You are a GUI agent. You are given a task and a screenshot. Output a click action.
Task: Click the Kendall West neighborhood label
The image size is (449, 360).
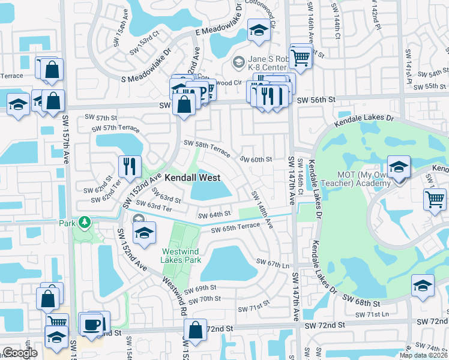click(x=192, y=178)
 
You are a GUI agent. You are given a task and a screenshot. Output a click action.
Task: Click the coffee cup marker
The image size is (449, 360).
click(x=91, y=325)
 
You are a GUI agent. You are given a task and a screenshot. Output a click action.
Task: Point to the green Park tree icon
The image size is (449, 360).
click(x=85, y=223)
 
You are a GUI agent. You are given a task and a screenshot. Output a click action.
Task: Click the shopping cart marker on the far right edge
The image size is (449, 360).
click(x=435, y=198)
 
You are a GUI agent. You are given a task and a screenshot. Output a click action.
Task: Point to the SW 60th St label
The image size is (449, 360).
click(x=256, y=160)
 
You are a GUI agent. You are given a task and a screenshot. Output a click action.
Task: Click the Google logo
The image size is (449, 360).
click(x=20, y=352)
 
